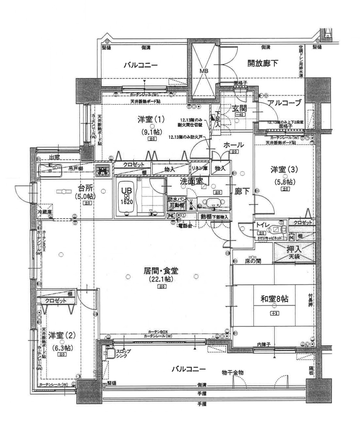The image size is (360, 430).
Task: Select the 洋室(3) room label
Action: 284,170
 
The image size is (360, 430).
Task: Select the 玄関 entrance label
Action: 240,108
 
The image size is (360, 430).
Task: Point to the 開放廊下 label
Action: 263,63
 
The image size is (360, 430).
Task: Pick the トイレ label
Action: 263,225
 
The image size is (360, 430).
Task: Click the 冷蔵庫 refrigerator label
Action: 44,212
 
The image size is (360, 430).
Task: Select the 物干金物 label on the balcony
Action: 232,373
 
